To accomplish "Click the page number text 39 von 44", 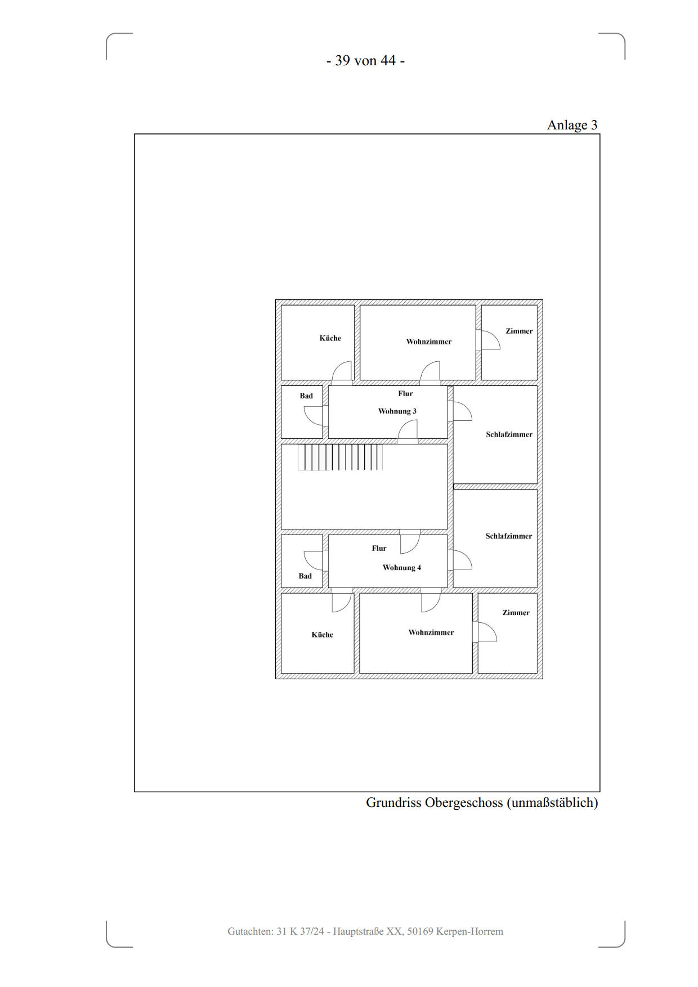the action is point(365,61).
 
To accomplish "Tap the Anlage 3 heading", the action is point(572,125).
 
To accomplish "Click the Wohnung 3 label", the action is point(397,411).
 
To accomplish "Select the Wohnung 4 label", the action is point(402,568).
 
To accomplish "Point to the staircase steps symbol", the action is point(340,457).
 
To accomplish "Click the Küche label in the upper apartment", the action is point(330,338).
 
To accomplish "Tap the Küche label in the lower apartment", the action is point(323,635).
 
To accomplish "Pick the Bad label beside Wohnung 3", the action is point(306,396).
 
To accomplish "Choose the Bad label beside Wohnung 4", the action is point(305,576).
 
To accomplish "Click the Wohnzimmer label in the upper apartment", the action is point(429,342).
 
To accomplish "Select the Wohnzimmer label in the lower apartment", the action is point(431,632).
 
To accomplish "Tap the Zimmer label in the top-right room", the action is point(519,331).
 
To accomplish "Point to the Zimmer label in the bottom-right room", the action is point(516,613).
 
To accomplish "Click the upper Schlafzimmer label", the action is point(509,434).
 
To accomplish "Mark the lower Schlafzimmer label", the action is point(509,536).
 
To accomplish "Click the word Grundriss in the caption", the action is point(393,802).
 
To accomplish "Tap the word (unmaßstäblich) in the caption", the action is point(552,803).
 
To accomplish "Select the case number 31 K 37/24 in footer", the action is point(300,931).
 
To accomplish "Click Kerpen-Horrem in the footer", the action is point(470,932).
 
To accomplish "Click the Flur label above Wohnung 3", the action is point(405,394).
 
